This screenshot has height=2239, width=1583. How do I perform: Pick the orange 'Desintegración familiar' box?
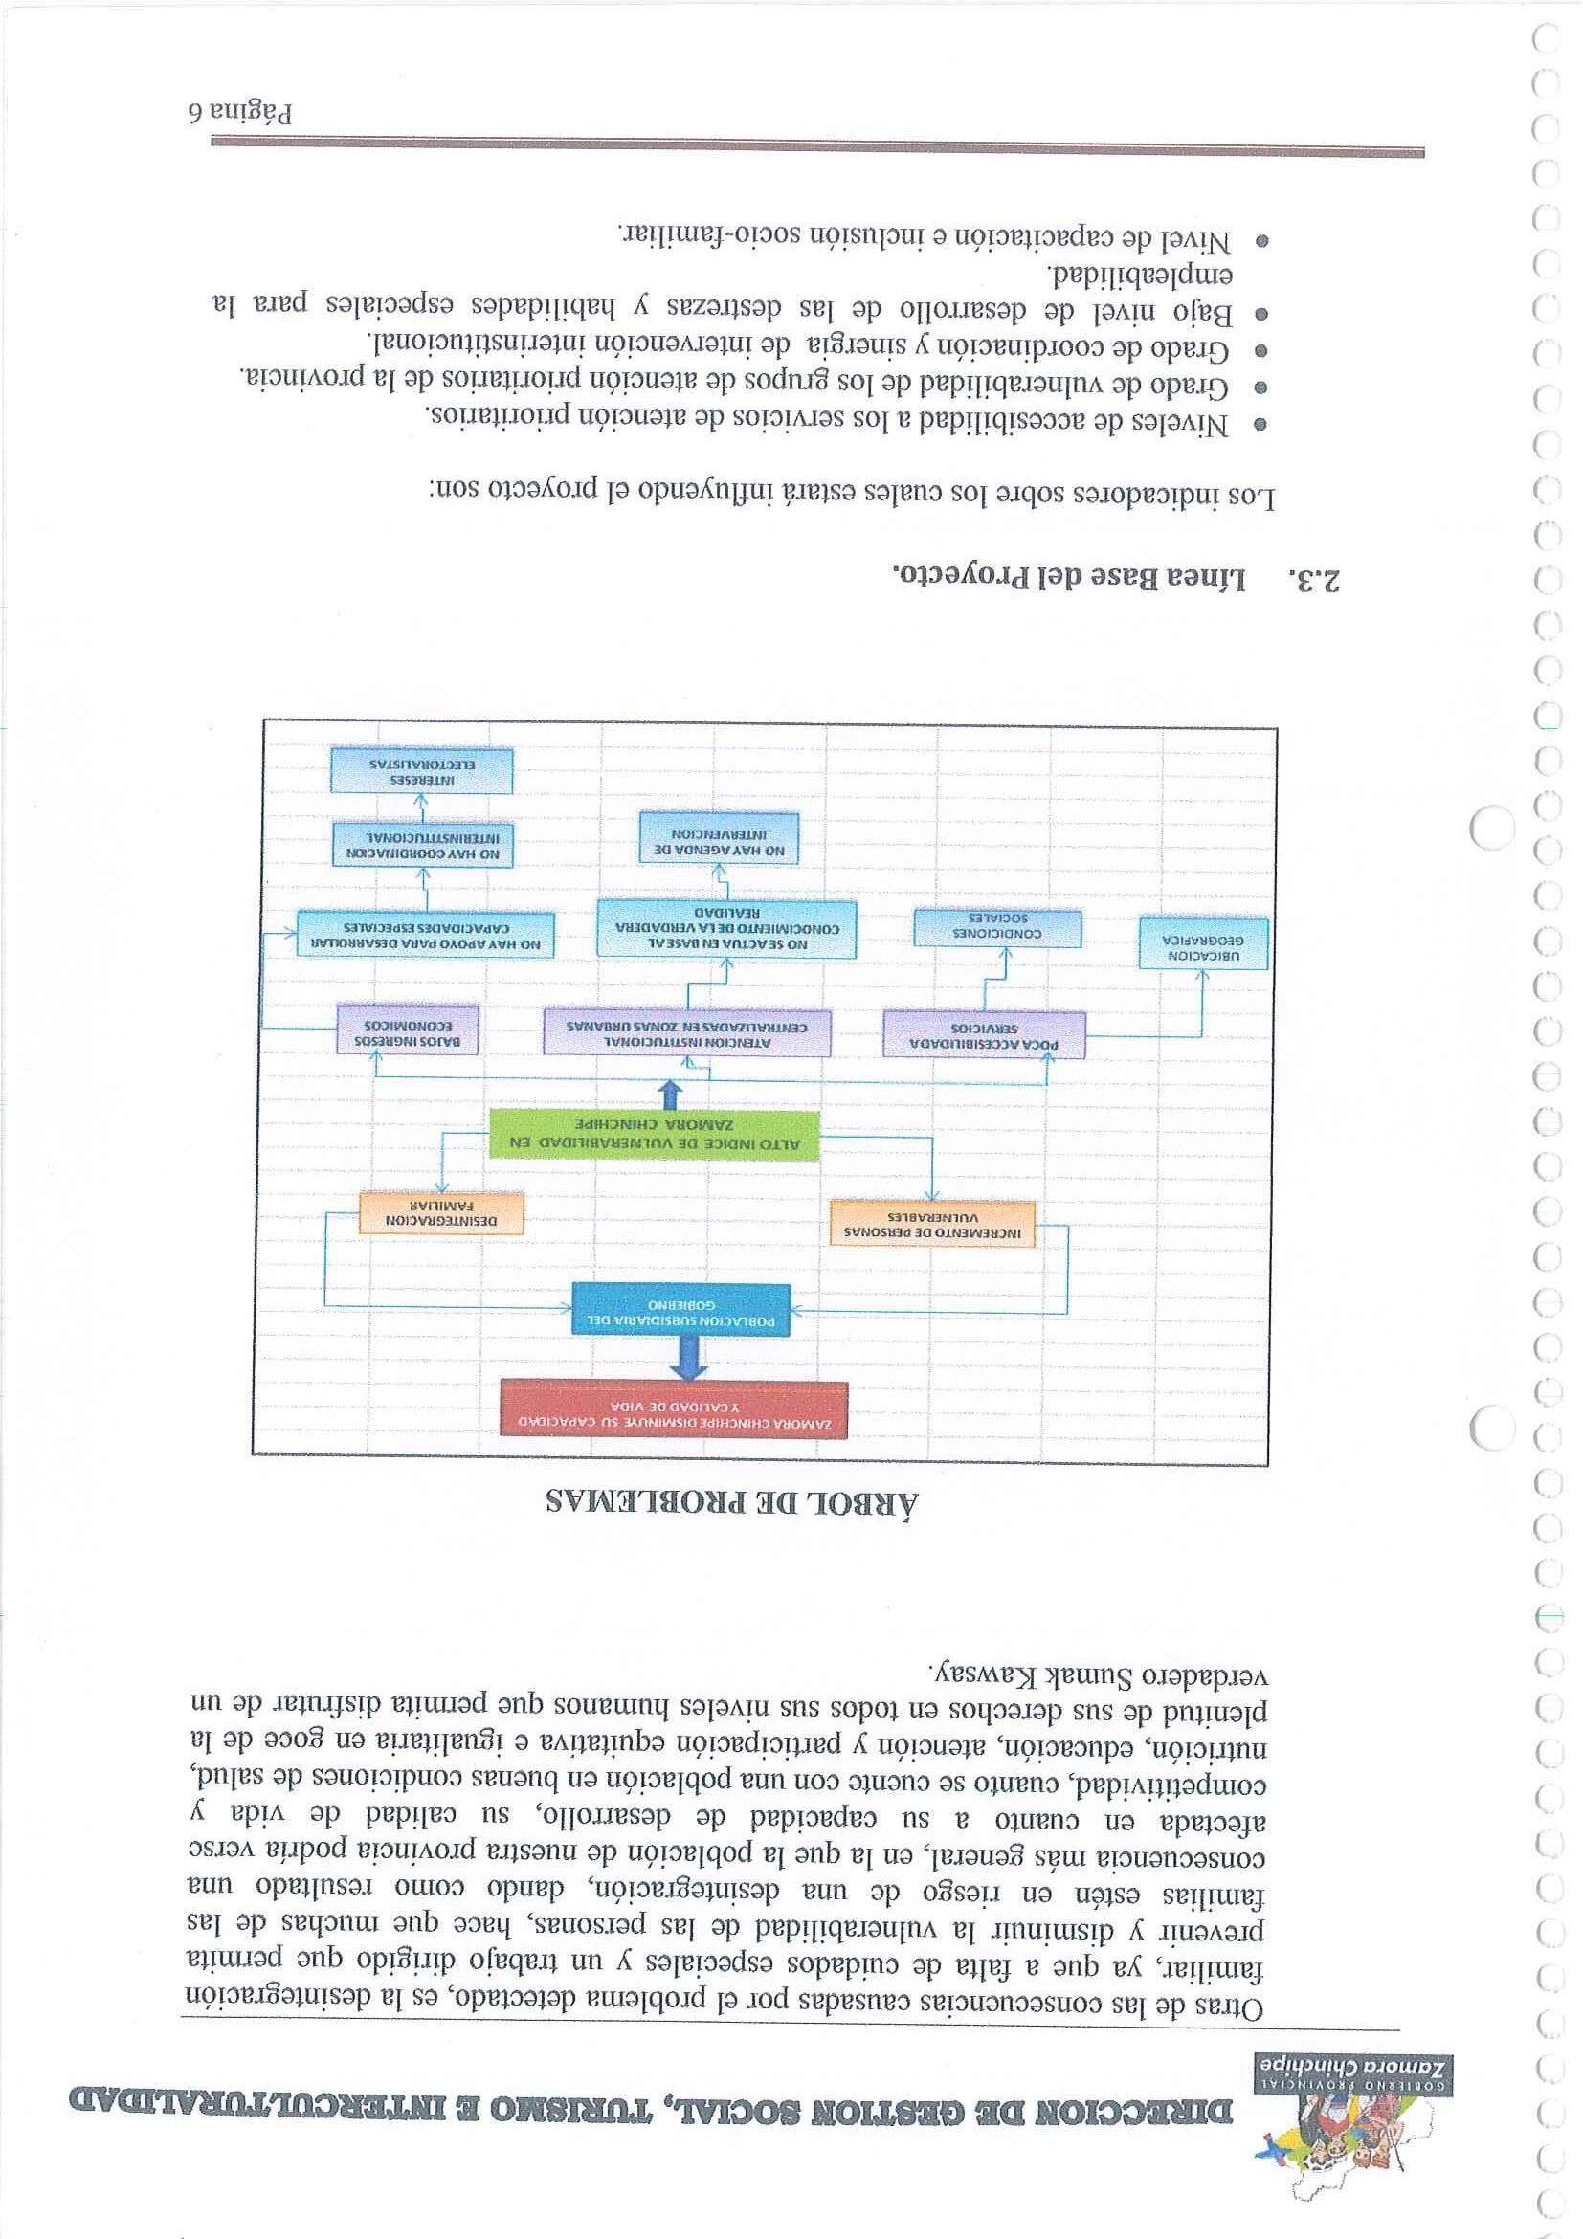441,1212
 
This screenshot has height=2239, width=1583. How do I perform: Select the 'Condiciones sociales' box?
998,927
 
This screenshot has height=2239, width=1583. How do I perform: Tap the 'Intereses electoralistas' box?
421,770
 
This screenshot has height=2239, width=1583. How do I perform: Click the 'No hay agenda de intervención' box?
719,836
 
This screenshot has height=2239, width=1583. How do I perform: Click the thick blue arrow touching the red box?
688,1357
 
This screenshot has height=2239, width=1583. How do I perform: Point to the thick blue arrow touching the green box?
669,1095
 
